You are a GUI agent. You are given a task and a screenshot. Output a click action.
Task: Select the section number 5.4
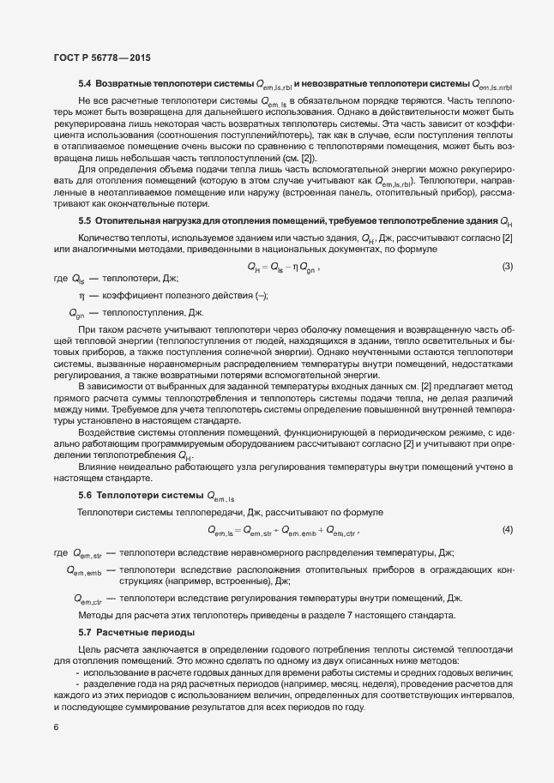pos(85,85)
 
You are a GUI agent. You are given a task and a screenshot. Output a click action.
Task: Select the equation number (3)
pos(507,267)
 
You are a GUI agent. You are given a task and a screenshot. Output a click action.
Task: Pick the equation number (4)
pos(507,529)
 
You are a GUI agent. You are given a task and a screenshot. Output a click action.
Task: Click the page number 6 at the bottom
pos(56,727)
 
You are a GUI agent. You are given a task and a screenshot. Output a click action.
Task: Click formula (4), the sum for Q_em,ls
pos(283,530)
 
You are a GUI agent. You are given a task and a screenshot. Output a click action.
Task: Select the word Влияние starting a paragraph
pos(99,467)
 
